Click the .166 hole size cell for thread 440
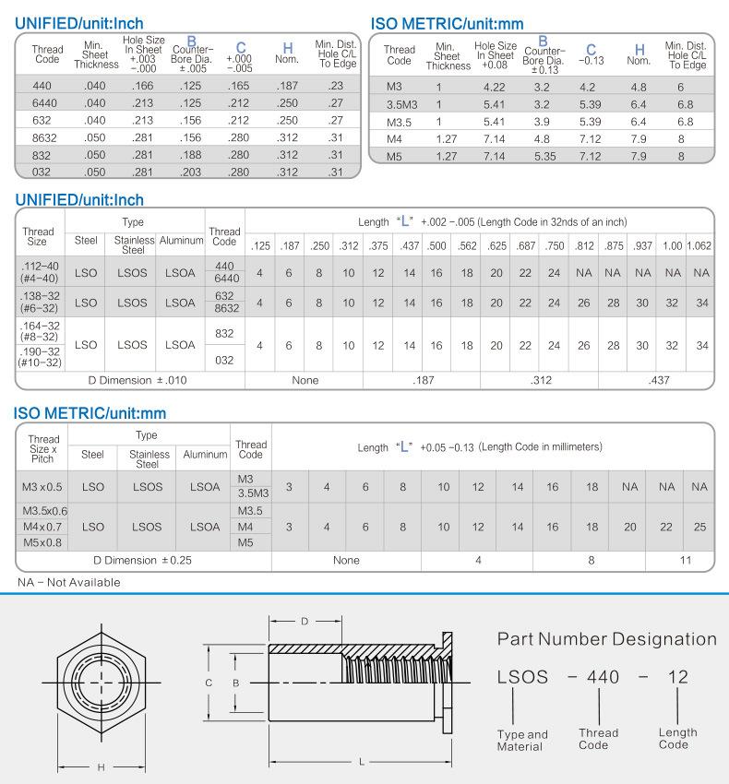pyautogui.click(x=143, y=86)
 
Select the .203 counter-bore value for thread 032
pyautogui.click(x=190, y=172)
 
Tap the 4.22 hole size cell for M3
pyautogui.click(x=494, y=87)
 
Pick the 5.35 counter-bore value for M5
pyautogui.click(x=544, y=157)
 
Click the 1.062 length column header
pyautogui.click(x=699, y=245)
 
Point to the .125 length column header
pyautogui.click(x=260, y=245)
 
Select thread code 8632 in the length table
pyautogui.click(x=226, y=308)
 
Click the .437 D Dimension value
pyautogui.click(x=659, y=380)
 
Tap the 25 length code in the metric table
pyautogui.click(x=699, y=527)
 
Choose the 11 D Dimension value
pyautogui.click(x=686, y=560)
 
